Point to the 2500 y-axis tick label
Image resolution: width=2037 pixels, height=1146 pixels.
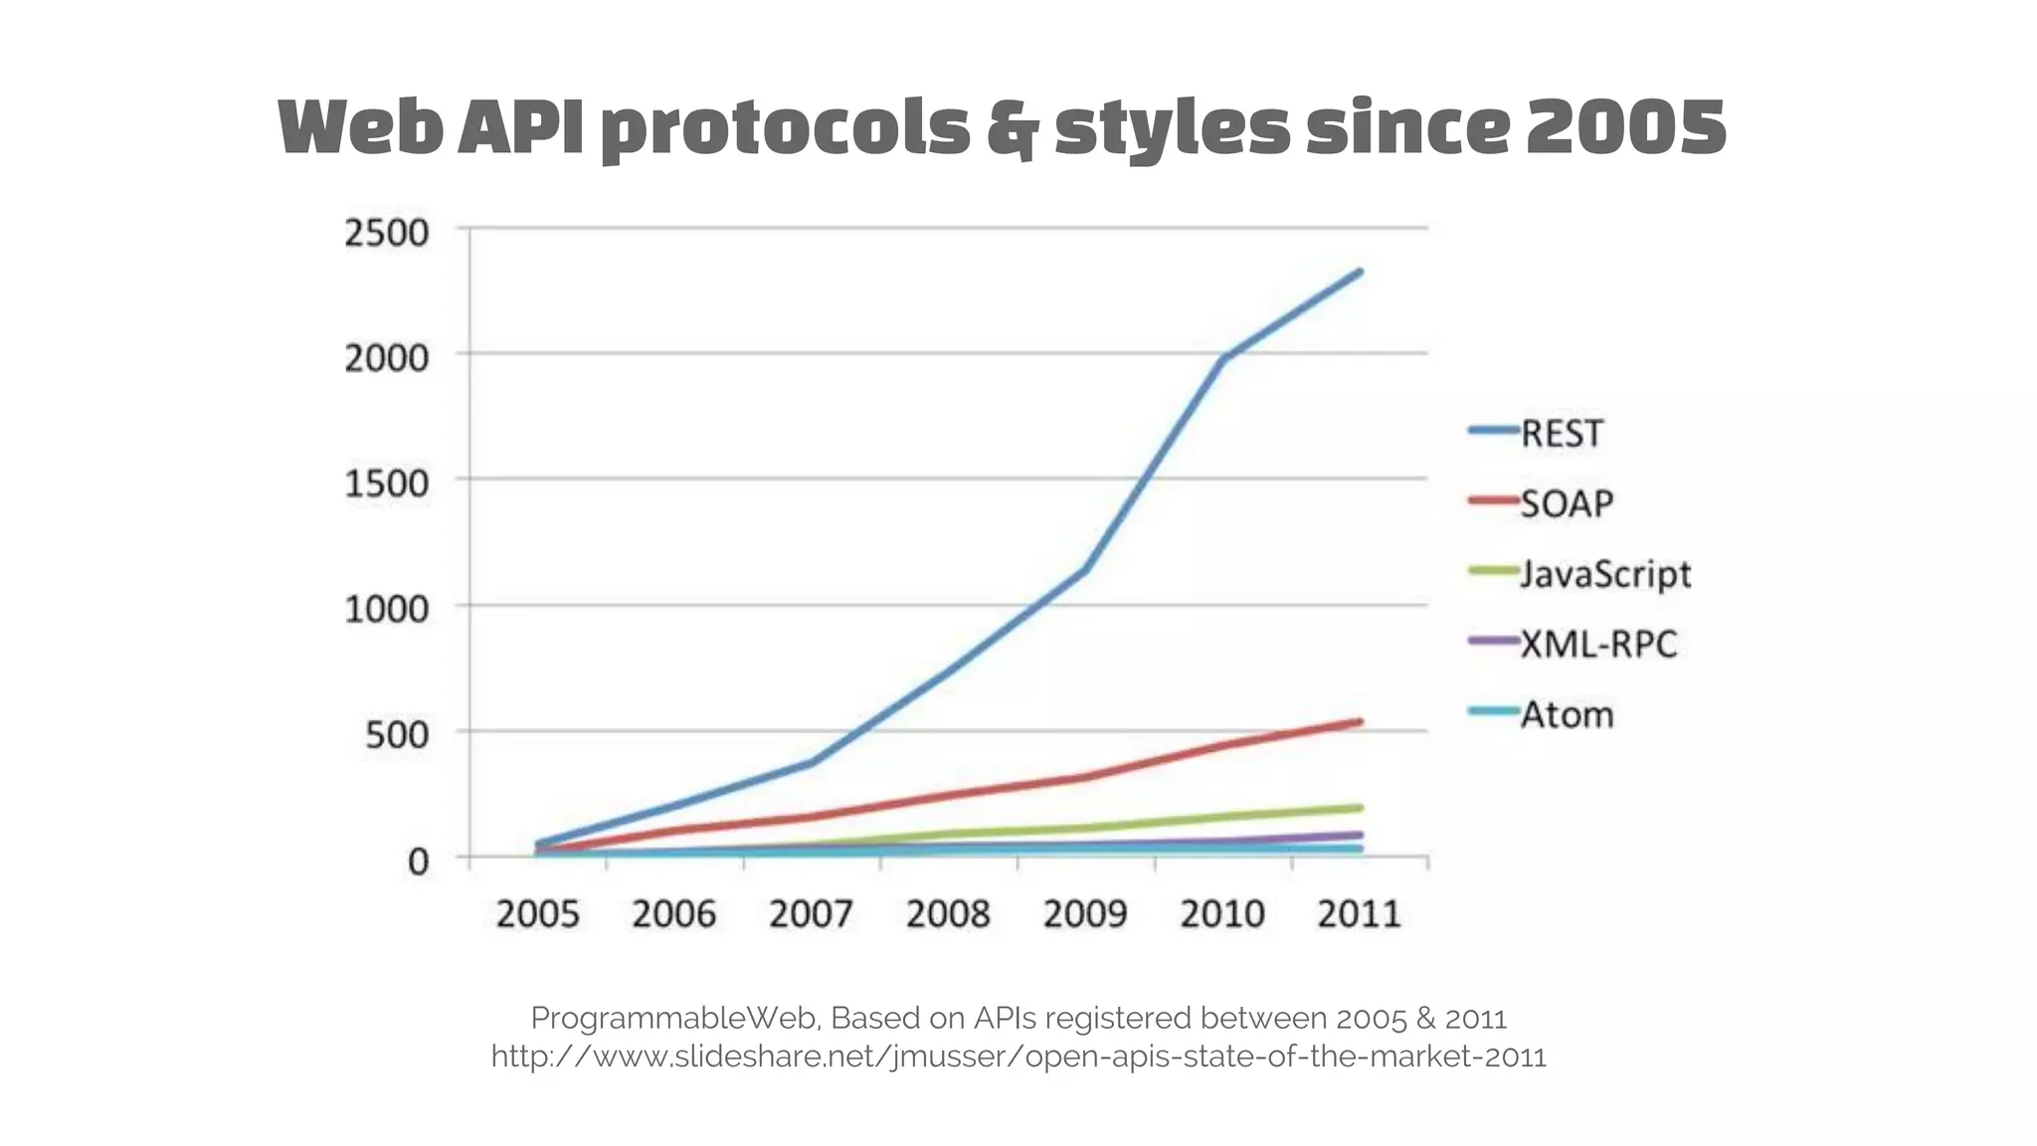(386, 234)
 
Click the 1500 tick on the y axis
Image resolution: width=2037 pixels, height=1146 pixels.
(386, 484)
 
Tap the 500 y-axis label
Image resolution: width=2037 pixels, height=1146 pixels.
(397, 736)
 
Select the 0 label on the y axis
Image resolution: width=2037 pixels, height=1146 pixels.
(418, 861)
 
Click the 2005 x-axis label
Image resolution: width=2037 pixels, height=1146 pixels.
(537, 914)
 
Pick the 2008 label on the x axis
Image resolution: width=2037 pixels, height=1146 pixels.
(948, 914)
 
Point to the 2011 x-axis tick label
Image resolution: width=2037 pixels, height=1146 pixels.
(1359, 914)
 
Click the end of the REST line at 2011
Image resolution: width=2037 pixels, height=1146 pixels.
(1359, 272)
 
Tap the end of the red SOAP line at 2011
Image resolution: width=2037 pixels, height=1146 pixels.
(1359, 722)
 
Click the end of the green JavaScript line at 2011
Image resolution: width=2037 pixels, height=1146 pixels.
(1359, 808)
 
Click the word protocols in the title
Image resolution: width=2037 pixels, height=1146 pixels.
(786, 129)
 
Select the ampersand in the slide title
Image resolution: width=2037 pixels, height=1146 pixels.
(1011, 129)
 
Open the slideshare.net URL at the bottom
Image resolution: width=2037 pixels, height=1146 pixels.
(1018, 1056)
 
